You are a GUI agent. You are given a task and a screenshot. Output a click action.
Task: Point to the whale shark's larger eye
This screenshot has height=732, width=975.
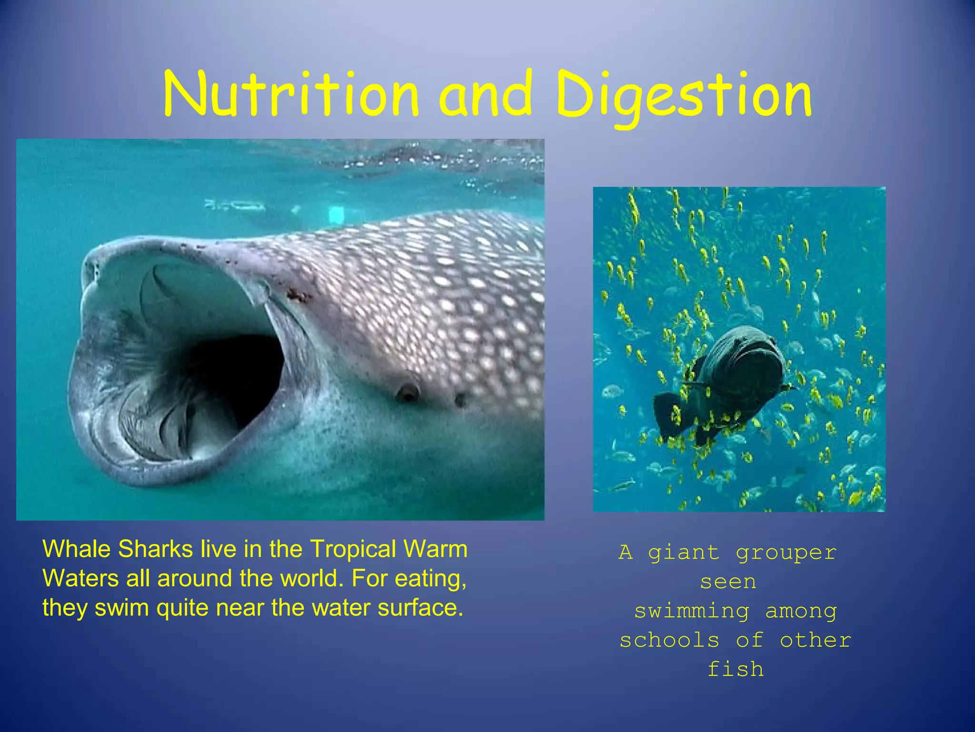click(x=408, y=393)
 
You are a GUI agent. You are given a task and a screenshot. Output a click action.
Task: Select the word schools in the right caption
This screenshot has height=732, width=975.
click(x=669, y=640)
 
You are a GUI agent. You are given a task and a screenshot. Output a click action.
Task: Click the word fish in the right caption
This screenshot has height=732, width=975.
click(x=736, y=669)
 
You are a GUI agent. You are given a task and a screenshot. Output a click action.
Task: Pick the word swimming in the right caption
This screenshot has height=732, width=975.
click(x=692, y=611)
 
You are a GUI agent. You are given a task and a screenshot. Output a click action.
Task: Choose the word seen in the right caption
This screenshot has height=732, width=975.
click(x=728, y=582)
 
